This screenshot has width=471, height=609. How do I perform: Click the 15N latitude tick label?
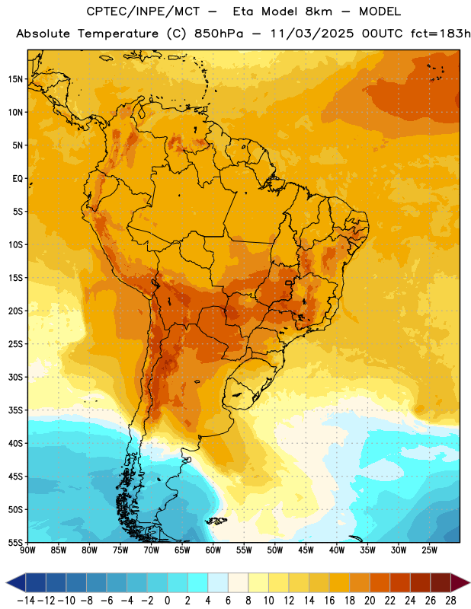click(x=15, y=79)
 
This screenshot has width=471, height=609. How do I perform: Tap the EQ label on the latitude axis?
click(x=18, y=179)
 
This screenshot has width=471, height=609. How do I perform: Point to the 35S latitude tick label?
click(x=15, y=410)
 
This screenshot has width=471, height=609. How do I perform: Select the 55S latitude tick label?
click(x=15, y=543)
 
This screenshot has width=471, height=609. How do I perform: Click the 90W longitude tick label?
click(x=27, y=550)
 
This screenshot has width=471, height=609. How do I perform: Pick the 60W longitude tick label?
click(x=213, y=550)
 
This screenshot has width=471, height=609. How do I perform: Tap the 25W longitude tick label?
click(x=429, y=550)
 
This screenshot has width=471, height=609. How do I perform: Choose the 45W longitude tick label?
click(x=306, y=550)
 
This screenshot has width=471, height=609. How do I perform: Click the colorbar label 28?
click(x=450, y=601)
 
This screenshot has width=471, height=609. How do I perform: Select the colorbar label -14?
click(x=26, y=601)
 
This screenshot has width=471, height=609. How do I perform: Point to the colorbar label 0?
click(x=168, y=601)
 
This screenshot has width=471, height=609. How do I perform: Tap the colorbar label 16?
click(x=329, y=601)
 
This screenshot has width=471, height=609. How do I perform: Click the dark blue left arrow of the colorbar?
click(x=16, y=582)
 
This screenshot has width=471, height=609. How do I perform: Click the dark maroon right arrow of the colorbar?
click(x=460, y=582)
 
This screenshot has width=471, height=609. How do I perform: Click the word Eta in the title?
click(x=243, y=11)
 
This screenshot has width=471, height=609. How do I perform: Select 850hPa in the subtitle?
click(x=219, y=33)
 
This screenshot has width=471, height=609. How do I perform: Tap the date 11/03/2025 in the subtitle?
click(x=312, y=33)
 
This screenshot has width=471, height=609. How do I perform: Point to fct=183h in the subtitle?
click(x=441, y=33)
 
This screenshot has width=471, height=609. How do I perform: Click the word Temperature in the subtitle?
click(x=118, y=33)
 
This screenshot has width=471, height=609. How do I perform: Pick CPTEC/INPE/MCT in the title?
click(x=143, y=11)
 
